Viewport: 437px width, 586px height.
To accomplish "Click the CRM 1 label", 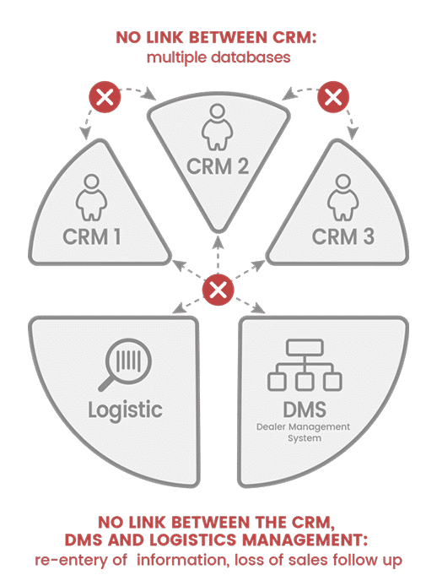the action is pos(92,236).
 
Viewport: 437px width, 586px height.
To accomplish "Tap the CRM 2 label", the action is pos(218,166).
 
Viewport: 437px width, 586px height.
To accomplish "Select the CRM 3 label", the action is pos(343,236).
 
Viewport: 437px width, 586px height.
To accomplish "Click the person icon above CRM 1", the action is pos(91,197).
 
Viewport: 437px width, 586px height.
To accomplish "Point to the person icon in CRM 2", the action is pos(218,127).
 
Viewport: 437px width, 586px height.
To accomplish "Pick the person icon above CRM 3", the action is pos(343,197).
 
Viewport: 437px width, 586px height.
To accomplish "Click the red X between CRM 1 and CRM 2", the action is pos(105,97).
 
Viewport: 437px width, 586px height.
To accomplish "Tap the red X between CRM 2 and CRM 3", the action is pos(333,97).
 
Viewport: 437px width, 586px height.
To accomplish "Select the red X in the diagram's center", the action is pos(218,290).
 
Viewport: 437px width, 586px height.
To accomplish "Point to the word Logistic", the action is pos(125,410).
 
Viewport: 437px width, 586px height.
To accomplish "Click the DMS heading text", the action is pos(305,410).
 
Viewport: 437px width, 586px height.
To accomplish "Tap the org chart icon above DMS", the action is pos(305,365).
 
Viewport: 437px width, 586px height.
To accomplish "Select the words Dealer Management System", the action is pos(304,432).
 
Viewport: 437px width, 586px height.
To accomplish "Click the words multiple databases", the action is pos(218,57).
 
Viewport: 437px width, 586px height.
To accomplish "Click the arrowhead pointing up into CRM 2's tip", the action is pos(218,241).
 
